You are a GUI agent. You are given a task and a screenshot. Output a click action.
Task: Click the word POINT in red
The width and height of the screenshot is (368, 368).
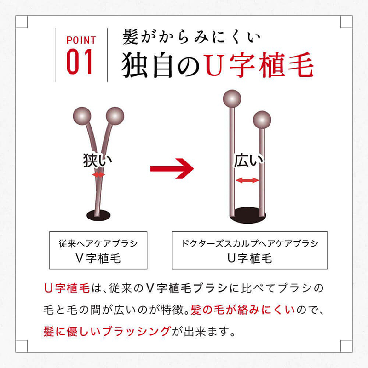tap(81, 40)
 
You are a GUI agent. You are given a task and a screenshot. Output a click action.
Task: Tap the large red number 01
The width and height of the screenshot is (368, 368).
tap(79, 62)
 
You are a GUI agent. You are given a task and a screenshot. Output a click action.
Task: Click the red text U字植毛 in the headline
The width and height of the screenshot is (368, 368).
tap(259, 65)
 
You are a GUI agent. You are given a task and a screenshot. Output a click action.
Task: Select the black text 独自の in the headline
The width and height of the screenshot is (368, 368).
tap(161, 65)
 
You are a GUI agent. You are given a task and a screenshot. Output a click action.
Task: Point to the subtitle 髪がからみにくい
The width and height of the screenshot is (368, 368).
tap(191, 37)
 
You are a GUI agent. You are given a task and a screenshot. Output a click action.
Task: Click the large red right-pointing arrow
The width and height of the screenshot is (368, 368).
tap(172, 168)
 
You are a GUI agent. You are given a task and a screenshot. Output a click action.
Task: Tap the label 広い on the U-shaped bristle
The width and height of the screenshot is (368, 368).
tap(249, 160)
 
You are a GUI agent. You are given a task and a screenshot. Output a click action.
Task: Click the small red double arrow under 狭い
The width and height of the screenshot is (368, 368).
tap(98, 175)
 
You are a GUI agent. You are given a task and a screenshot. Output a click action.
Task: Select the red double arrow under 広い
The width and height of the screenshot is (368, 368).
tap(247, 180)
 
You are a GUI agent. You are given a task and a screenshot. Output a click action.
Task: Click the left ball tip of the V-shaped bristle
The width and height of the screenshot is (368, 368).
tap(82, 116)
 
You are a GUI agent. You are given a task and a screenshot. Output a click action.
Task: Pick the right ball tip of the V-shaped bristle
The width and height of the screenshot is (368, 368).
tap(115, 116)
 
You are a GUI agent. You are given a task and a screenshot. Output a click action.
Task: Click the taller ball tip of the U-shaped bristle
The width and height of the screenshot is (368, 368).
tap(232, 98)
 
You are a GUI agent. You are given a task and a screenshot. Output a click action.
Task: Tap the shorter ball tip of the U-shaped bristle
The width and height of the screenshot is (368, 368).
tap(262, 120)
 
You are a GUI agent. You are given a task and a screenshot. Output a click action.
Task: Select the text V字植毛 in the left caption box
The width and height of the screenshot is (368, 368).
tap(98, 259)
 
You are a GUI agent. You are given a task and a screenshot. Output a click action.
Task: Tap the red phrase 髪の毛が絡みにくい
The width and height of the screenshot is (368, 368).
tap(243, 310)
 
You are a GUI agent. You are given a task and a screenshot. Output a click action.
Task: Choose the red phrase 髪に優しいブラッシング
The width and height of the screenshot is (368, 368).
tap(107, 331)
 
